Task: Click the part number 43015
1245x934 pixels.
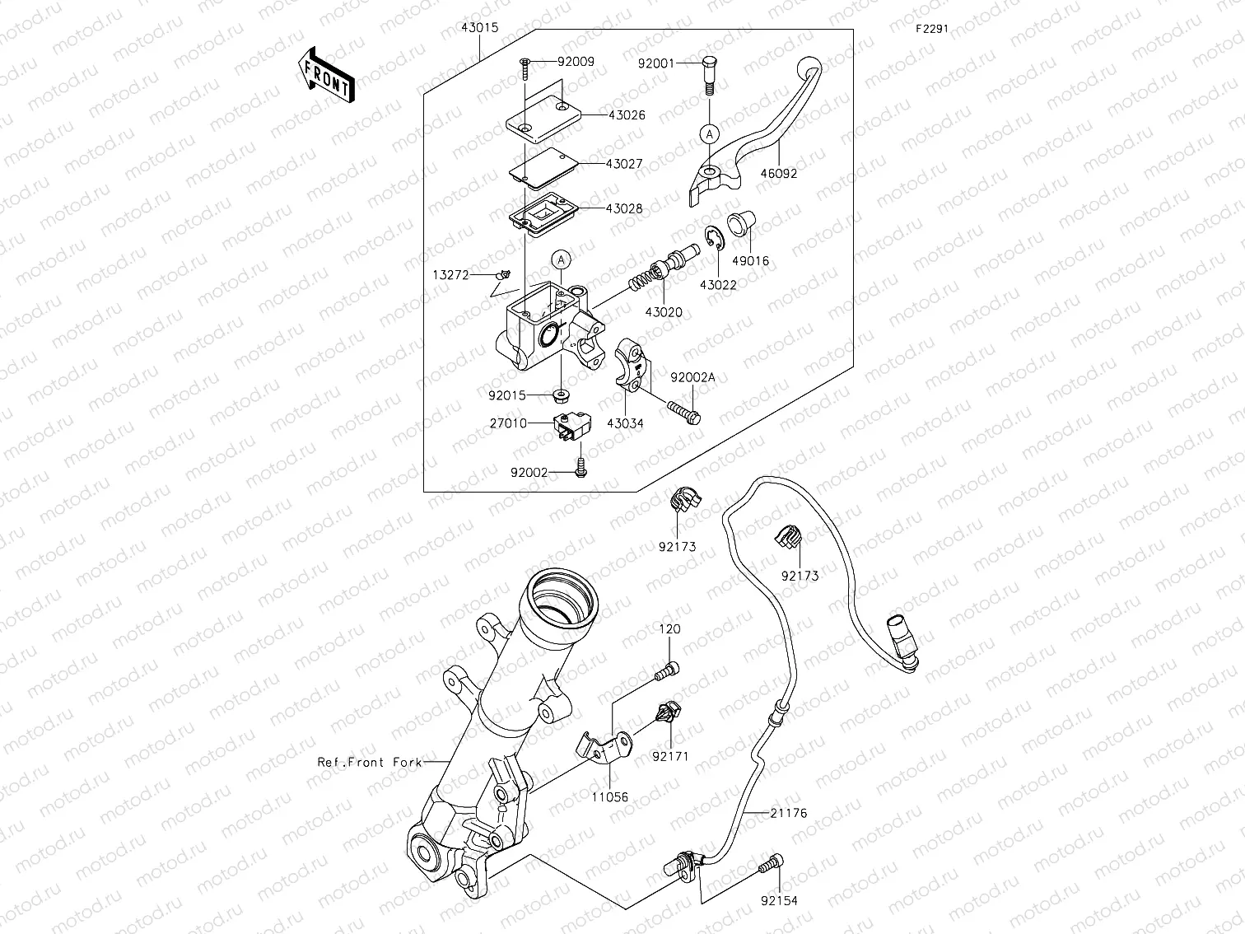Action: (x=479, y=27)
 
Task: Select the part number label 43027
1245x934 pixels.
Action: (x=624, y=164)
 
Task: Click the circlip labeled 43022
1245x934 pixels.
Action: (x=714, y=243)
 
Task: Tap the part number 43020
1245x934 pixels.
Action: (x=664, y=312)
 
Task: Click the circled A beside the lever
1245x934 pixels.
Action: (x=709, y=132)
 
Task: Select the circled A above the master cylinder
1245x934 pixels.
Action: (x=560, y=259)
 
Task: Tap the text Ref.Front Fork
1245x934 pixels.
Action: (x=370, y=763)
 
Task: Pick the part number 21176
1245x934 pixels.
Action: (x=789, y=813)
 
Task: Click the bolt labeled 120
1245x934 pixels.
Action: (x=667, y=673)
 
